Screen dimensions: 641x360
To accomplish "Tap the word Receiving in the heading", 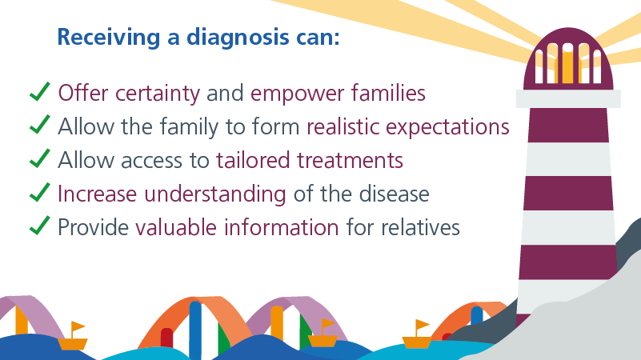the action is click(x=108, y=38).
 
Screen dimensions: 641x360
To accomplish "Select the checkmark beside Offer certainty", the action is click(x=40, y=91).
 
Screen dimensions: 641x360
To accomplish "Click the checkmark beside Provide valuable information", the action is click(x=40, y=226).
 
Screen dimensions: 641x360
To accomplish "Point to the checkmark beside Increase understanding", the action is click(x=40, y=192).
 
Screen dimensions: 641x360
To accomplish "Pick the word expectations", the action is click(x=447, y=127).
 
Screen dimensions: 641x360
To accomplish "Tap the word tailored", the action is click(x=253, y=160).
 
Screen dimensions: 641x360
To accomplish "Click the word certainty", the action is click(x=158, y=94).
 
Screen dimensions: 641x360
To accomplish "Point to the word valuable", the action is click(x=176, y=227).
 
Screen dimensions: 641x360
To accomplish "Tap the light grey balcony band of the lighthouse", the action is click(x=568, y=98).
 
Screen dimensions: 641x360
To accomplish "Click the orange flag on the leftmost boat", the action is click(x=78, y=326).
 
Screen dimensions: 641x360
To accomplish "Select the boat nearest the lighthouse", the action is click(x=417, y=336).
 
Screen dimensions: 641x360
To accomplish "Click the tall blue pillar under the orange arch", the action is click(x=195, y=329).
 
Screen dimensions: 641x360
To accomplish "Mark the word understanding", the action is click(x=215, y=194).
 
